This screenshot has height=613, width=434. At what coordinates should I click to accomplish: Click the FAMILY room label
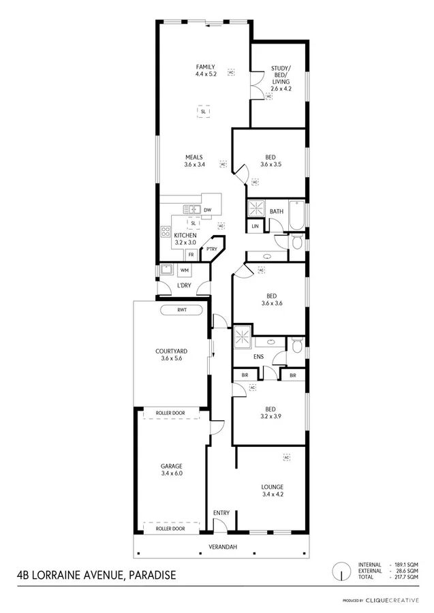pos(205,67)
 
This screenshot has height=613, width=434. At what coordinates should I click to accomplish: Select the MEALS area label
pos(194,157)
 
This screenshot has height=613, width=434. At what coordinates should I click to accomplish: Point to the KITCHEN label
pos(185,236)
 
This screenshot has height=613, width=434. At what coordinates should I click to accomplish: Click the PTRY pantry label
pos(213,250)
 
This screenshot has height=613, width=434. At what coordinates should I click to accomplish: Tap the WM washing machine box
pos(184,270)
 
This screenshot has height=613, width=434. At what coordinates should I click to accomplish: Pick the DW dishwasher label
pos(207,210)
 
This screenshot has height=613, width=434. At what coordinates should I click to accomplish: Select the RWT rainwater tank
pos(181,311)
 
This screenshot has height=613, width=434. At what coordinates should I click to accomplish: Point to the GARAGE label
pos(171,466)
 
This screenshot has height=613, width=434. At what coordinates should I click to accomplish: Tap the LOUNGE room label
pos(272,487)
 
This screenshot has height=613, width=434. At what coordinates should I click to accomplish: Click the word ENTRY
pos(221,513)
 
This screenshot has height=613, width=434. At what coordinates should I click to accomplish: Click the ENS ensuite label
pos(258,356)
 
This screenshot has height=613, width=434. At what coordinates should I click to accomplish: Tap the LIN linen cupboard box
pos(255,226)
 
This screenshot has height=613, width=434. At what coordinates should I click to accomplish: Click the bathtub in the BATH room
pos(296,214)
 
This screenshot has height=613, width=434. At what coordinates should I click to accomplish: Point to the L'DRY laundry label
pos(183,285)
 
